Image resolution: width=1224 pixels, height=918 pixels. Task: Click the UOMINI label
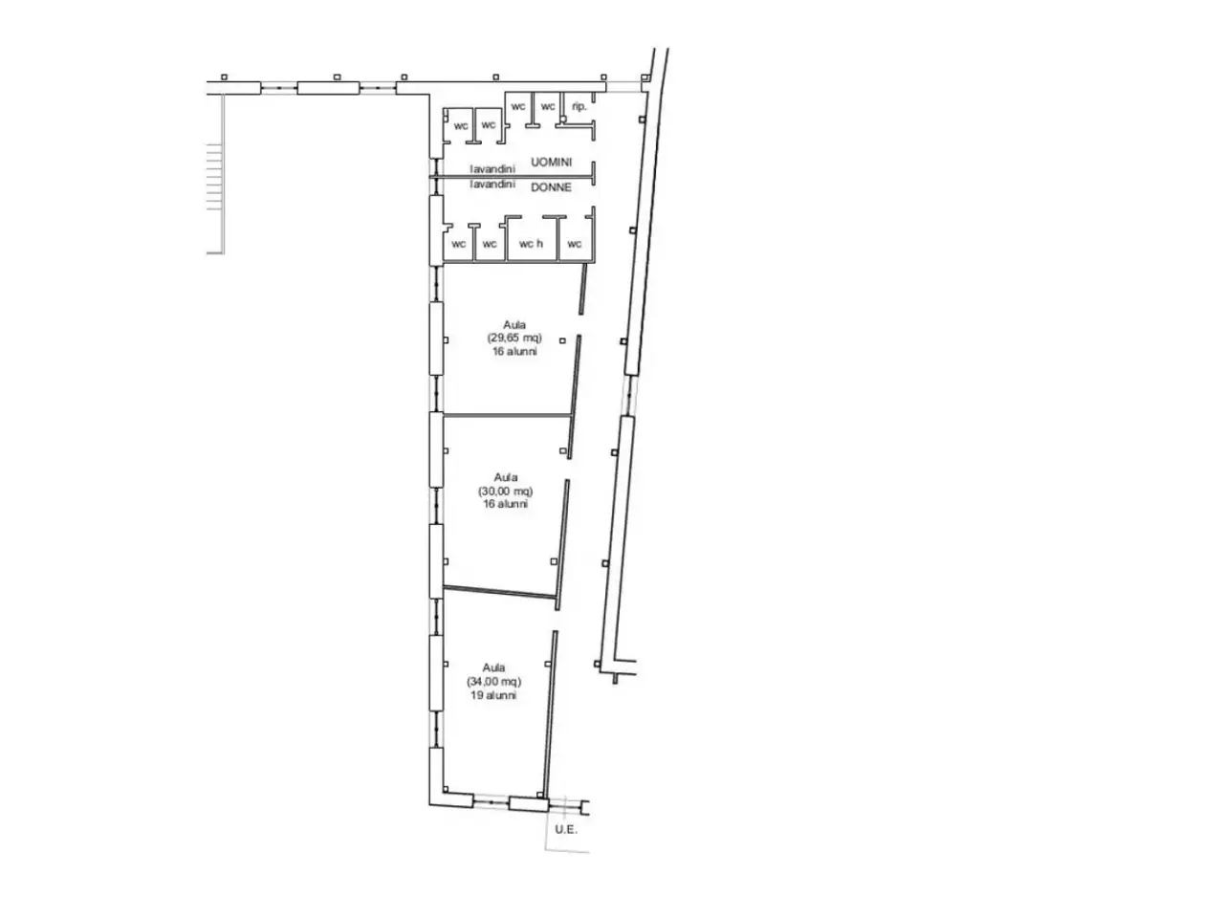tap(551, 163)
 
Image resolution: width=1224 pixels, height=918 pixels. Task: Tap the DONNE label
tap(551, 187)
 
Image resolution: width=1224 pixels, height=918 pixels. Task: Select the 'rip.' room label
tap(579, 106)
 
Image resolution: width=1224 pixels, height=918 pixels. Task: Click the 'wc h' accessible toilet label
tap(531, 244)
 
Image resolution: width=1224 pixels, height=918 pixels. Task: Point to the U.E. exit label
tap(566, 830)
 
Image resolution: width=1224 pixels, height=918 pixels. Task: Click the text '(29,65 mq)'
tap(514, 339)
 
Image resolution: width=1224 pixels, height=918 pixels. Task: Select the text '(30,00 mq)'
tap(505, 492)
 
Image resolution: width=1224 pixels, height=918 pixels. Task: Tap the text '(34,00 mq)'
tap(493, 682)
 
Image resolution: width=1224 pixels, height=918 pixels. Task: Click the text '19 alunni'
tap(493, 695)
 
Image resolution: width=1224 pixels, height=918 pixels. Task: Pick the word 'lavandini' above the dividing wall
tap(492, 169)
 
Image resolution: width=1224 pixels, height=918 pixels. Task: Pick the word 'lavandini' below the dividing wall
tap(492, 184)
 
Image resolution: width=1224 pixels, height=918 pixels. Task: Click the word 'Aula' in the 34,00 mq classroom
tap(494, 667)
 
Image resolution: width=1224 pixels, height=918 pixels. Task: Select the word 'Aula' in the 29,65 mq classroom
tap(514, 325)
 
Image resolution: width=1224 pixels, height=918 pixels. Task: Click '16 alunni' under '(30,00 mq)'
tap(506, 505)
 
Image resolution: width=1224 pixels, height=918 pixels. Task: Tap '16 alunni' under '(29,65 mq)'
tap(514, 352)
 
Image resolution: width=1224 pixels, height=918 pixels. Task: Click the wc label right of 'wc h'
tap(575, 244)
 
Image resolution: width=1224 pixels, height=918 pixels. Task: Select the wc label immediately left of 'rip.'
tap(548, 106)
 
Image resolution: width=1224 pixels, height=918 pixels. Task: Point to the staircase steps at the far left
tap(215, 177)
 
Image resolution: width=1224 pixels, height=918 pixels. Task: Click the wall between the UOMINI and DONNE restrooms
tap(511, 177)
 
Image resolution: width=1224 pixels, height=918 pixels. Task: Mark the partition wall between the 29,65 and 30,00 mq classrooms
tap(507, 415)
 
